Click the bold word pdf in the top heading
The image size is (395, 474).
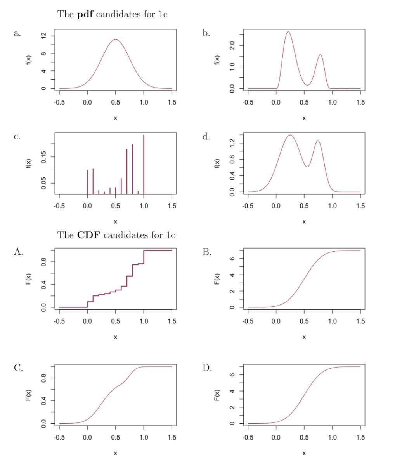(85, 15)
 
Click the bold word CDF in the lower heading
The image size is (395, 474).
(89, 235)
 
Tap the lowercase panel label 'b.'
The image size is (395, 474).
(206, 33)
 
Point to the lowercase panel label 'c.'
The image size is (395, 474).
(17, 137)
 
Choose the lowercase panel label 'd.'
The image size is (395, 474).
(206, 137)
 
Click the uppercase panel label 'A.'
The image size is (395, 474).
(18, 252)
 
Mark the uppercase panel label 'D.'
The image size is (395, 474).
(207, 368)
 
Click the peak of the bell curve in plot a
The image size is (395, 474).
(115, 39)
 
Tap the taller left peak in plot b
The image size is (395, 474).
(288, 32)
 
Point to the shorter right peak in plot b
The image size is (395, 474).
(320, 55)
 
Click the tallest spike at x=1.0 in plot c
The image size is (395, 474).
(144, 135)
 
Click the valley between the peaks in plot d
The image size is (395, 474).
(307, 167)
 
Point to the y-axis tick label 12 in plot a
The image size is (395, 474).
(44, 36)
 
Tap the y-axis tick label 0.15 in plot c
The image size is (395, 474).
(44, 156)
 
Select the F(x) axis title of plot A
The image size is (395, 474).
(28, 279)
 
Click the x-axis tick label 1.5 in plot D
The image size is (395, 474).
(360, 437)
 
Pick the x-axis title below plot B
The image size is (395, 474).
(304, 337)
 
